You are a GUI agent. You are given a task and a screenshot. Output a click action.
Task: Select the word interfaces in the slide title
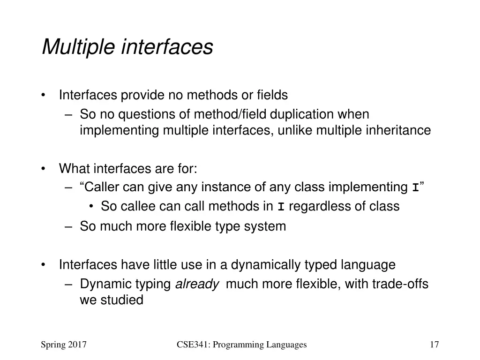(167, 47)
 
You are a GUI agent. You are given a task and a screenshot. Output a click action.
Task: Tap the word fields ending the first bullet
(272, 95)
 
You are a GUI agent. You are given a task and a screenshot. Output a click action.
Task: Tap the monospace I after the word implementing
(415, 188)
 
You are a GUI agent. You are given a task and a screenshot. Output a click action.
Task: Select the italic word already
(197, 284)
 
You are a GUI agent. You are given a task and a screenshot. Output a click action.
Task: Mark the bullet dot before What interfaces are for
(44, 168)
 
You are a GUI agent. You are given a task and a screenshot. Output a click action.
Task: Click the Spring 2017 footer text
(64, 345)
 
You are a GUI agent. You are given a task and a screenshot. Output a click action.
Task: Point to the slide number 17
(434, 345)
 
